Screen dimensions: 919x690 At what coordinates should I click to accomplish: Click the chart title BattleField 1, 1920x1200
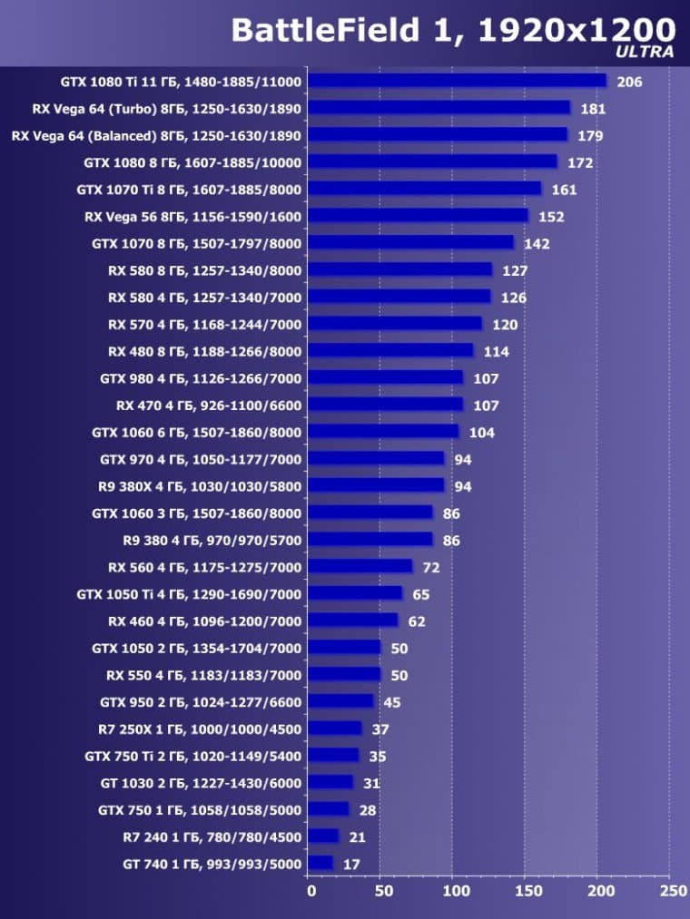point(453,30)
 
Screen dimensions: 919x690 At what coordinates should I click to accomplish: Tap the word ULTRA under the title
point(645,53)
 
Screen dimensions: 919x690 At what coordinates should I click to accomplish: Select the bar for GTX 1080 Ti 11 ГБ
point(457,81)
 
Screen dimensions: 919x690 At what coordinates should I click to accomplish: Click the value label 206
point(629,83)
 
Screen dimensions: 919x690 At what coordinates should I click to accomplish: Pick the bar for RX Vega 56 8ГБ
point(418,216)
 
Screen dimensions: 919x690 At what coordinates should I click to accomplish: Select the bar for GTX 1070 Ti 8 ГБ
point(424,189)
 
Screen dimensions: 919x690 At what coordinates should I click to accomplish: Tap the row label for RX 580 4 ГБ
point(204,298)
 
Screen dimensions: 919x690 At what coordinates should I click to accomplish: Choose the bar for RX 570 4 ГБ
point(395,324)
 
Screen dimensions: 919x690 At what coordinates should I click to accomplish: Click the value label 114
point(497,352)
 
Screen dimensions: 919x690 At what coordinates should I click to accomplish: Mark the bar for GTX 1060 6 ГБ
point(383,432)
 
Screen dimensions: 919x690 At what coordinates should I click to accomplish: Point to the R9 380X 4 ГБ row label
point(200,486)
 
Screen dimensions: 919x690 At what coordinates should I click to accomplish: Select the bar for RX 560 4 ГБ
point(360,567)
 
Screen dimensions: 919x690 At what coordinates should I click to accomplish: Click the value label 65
point(421,595)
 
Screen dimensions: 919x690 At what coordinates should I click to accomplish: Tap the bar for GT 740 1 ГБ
point(320,863)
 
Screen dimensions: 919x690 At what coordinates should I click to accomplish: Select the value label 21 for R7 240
point(358,837)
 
